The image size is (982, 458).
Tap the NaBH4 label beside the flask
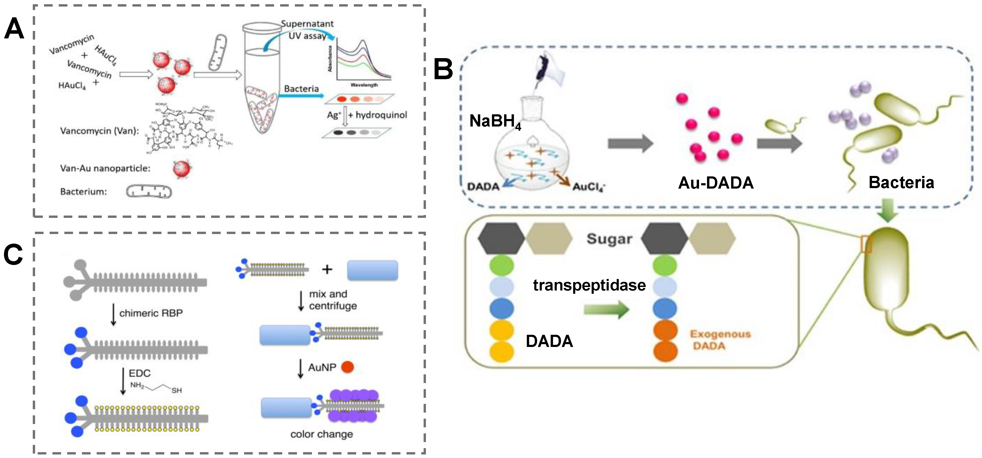coord(495,121)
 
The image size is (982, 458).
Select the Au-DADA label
coord(715,183)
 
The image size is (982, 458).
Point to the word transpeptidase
coord(589,285)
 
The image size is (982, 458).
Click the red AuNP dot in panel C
coord(347,367)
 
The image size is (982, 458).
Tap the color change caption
coord(321,434)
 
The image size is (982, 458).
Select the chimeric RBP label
coord(151,313)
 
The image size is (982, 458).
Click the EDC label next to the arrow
coord(139,373)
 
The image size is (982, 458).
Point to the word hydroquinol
coord(381,115)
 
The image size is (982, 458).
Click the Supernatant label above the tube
coord(307,24)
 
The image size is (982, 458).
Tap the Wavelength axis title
coord(364,85)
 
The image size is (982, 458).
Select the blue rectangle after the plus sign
coord(372,270)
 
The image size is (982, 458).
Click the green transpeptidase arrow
coord(606,309)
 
